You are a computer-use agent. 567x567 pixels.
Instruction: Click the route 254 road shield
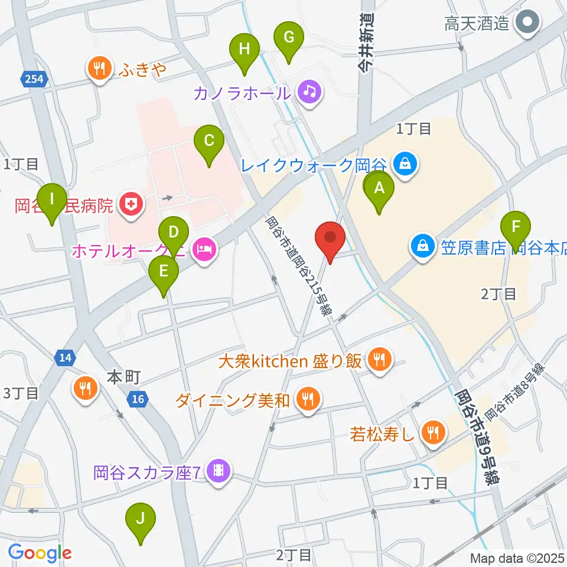[x=34, y=79]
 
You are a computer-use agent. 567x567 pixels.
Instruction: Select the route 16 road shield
[x=138, y=400]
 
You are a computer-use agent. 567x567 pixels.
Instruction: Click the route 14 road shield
[x=65, y=357]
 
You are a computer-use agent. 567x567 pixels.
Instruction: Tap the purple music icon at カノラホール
[x=308, y=92]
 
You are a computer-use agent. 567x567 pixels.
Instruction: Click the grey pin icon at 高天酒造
[x=525, y=24]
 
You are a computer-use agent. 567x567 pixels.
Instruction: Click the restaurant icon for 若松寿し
[x=433, y=434]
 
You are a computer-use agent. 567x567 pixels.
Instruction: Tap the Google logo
[x=40, y=553]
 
